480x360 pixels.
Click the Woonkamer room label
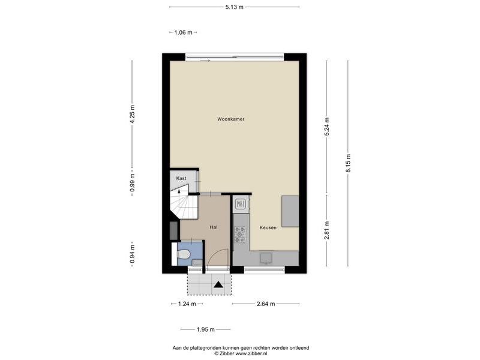pos(231,119)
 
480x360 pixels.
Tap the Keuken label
pos(268,227)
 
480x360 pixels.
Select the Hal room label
pos(214,227)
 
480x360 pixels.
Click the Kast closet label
pos(181,178)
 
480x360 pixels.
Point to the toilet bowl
pos(184,254)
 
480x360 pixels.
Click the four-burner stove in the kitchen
pos(240,234)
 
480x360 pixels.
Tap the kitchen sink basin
pos(266,258)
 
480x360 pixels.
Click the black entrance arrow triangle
pos(218,284)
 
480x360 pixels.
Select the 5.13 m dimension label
pos(234,7)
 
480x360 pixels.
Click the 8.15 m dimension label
pos(348,163)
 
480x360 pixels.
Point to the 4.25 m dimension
pos(132,114)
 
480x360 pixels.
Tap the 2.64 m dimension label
pos(266,304)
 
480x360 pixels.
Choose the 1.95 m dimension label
pos(205,329)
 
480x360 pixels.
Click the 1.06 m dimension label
pos(184,32)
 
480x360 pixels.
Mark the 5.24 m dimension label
pos(327,127)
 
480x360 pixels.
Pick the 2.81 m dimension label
pos(327,230)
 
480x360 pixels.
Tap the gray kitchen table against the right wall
pos(290,211)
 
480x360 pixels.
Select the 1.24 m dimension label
pos(187,304)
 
